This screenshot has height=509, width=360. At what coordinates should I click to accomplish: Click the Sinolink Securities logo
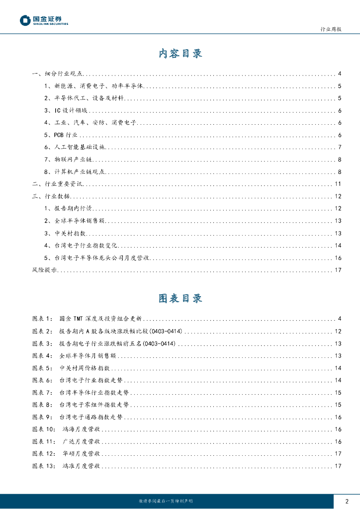(44, 20)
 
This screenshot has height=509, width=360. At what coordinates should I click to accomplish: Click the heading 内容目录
(180, 54)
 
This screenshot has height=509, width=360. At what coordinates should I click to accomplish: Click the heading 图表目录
(180, 298)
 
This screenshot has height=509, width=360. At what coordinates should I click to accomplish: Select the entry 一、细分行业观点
(57, 74)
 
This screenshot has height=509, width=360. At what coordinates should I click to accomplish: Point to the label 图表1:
(42, 318)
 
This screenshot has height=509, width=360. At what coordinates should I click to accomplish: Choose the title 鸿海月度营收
(82, 429)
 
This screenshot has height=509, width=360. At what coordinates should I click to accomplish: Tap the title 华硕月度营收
(82, 454)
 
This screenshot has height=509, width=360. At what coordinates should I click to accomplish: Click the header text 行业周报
(331, 30)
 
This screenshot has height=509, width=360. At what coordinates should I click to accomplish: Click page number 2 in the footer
(347, 501)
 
